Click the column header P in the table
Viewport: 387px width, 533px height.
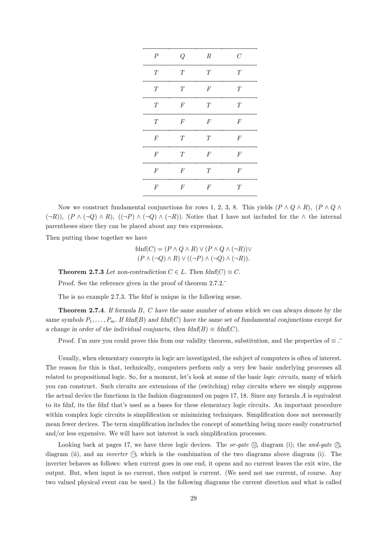(x=156, y=56)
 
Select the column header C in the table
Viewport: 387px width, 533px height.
(x=239, y=56)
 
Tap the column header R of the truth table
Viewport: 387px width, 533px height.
(x=209, y=56)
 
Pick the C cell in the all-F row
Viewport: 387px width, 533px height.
(x=239, y=187)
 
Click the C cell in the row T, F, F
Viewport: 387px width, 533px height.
(x=239, y=122)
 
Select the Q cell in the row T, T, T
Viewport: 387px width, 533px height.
(x=183, y=73)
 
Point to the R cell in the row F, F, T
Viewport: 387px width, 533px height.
(x=209, y=171)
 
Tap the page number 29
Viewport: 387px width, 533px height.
(x=193, y=498)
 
